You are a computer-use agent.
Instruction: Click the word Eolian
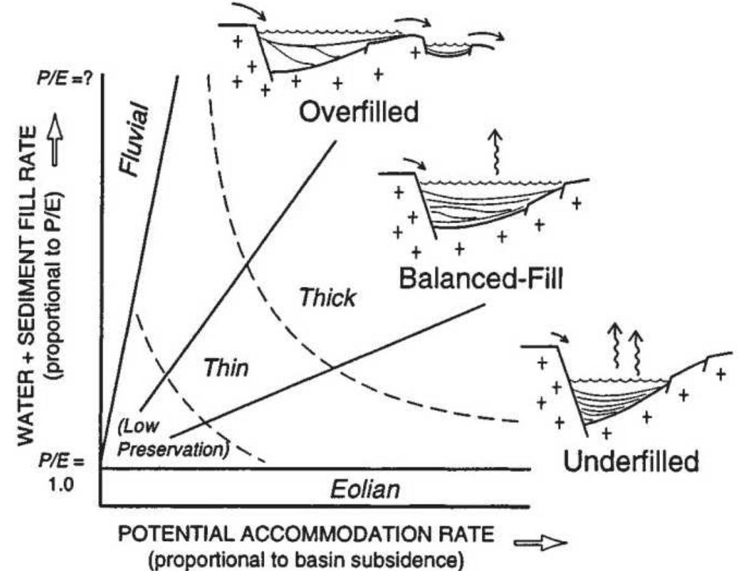click(x=365, y=490)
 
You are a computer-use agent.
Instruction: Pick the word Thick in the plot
click(x=327, y=296)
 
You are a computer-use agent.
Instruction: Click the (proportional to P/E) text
click(x=55, y=273)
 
